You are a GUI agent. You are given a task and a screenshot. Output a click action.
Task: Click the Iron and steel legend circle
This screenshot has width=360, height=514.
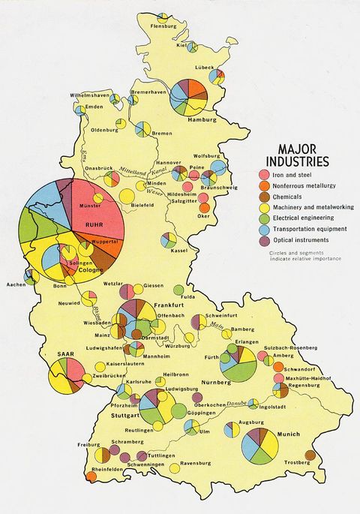[x=263, y=174]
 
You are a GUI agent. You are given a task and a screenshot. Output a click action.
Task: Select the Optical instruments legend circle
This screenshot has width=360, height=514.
[x=263, y=240]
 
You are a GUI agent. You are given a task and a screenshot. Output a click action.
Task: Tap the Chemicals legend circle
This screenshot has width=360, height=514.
[x=263, y=196]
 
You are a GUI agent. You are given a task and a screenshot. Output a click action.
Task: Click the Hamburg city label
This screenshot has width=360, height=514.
[x=202, y=119]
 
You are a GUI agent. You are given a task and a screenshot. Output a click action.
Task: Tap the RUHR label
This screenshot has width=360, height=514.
[x=93, y=223]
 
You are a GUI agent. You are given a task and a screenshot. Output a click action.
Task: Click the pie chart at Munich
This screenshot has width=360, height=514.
[x=259, y=445]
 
